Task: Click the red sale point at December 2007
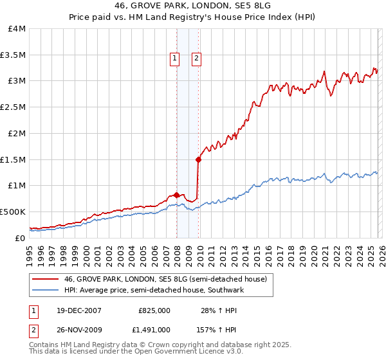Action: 176,195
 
